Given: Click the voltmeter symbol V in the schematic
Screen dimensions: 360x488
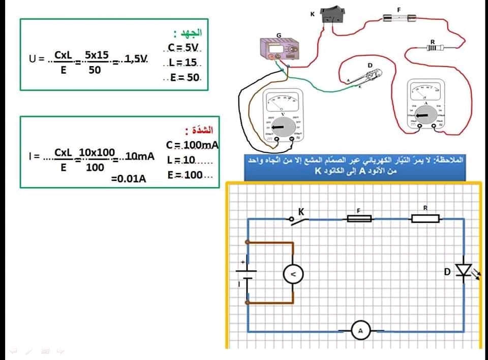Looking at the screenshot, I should (293, 275).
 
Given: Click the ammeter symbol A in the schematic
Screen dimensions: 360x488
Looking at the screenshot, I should (361, 332).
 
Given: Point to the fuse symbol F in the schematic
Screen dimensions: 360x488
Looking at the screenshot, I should (359, 219).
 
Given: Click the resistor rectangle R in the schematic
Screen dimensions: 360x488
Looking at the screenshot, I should (425, 219).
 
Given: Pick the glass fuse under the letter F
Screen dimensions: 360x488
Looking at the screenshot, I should (399, 18).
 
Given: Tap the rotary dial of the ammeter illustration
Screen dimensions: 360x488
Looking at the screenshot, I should (424, 115).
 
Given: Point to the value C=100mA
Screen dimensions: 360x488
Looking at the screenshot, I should (192, 145).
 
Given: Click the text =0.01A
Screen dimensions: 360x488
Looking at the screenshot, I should (128, 178).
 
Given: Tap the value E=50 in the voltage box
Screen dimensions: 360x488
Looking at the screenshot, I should (186, 78).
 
